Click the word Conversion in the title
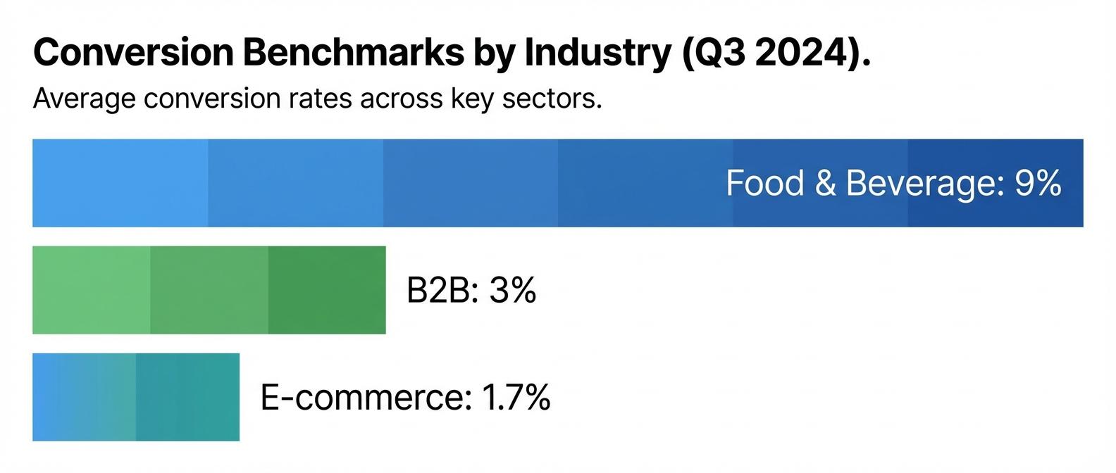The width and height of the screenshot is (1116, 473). click(x=133, y=53)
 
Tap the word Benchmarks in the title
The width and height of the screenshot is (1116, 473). click(x=354, y=53)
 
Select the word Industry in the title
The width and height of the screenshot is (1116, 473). click(x=597, y=53)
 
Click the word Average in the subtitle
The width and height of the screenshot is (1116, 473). click(x=84, y=99)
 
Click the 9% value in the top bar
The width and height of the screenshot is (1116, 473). click(x=1038, y=183)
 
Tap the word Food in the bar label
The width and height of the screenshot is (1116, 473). click(x=765, y=183)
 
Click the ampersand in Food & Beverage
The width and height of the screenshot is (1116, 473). click(x=825, y=183)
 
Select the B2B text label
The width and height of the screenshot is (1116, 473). click(x=438, y=290)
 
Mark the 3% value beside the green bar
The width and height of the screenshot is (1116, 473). click(x=513, y=290)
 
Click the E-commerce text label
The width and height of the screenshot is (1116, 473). click(x=363, y=398)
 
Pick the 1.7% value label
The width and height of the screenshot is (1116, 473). click(x=516, y=398)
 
